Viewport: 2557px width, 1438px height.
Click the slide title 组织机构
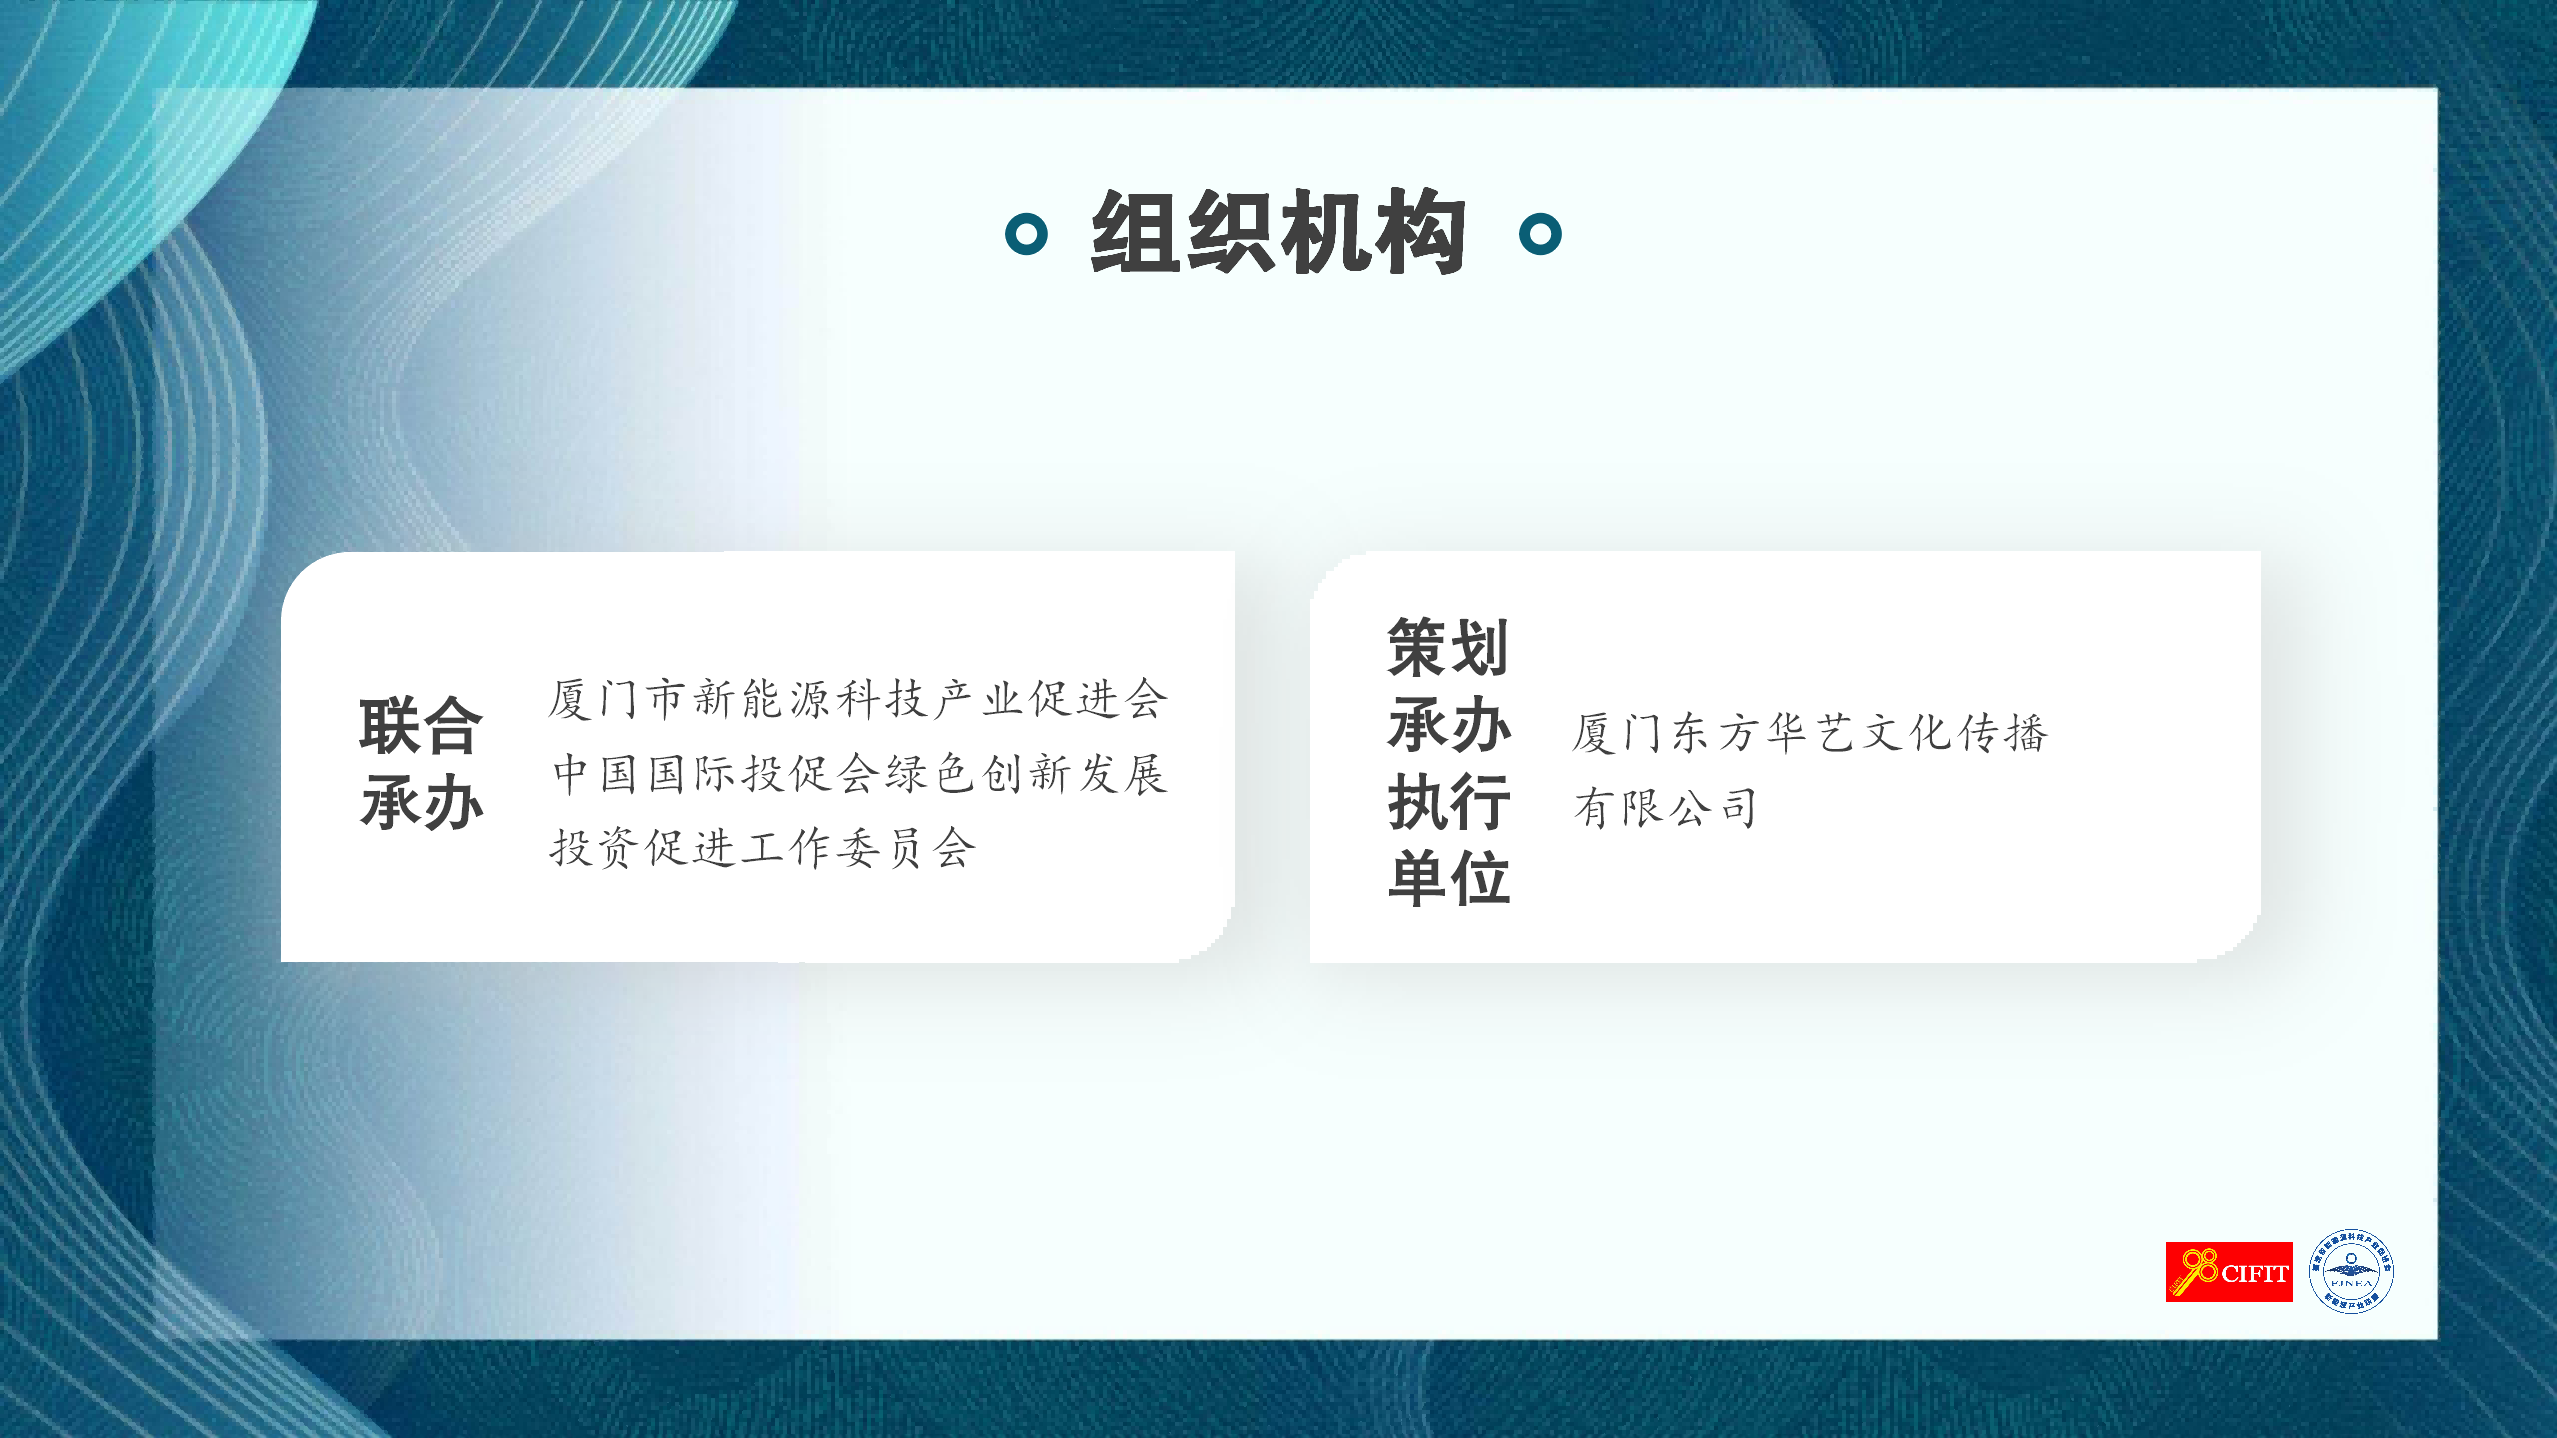(1278, 233)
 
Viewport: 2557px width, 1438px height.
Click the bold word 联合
(422, 726)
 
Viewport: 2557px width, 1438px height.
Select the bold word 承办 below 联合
(422, 802)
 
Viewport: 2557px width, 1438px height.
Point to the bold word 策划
(1448, 647)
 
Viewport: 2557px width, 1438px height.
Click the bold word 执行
(1448, 801)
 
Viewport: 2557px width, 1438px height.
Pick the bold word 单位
(1448, 878)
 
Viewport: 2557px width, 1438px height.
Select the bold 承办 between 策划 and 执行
(1448, 724)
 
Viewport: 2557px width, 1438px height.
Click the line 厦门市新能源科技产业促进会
(858, 698)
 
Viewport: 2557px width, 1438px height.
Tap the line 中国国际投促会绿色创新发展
(860, 773)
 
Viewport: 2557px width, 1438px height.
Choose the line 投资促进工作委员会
(762, 848)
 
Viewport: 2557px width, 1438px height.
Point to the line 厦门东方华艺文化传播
(1810, 733)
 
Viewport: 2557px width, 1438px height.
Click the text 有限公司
(1665, 808)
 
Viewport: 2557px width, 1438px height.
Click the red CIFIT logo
(2229, 1272)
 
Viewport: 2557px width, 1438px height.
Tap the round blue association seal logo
(2351, 1271)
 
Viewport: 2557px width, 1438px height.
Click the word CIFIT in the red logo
(2255, 1274)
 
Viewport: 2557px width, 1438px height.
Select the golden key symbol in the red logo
(2194, 1271)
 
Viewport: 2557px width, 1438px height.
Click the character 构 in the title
(1421, 233)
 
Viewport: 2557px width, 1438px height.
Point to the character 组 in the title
(1136, 233)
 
